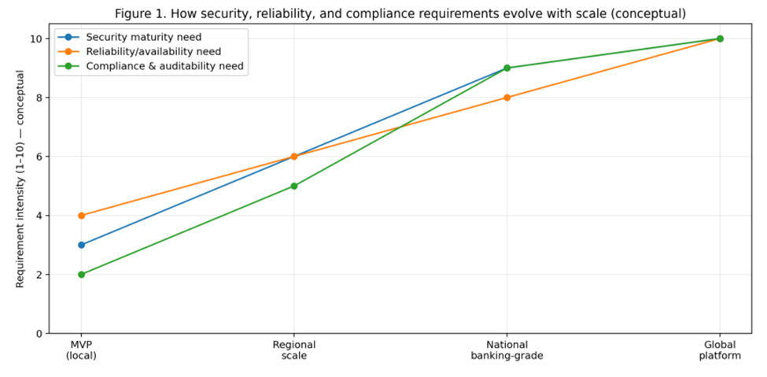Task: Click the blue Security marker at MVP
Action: (81, 245)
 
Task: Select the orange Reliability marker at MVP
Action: (81, 216)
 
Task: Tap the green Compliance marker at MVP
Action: (81, 275)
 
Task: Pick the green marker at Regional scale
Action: (294, 186)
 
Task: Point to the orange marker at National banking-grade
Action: (507, 98)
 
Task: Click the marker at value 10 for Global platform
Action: (720, 39)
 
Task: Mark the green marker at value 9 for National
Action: (507, 68)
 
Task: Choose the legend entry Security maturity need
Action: (143, 37)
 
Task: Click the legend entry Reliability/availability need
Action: (153, 52)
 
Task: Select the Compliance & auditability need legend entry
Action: (165, 67)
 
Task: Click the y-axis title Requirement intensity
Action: (20, 179)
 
